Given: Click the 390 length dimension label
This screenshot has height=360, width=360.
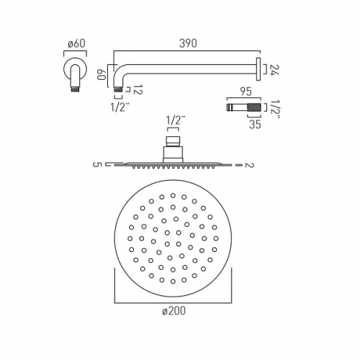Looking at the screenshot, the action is coord(188,43).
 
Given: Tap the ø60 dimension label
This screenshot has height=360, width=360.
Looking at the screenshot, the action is coord(76,44).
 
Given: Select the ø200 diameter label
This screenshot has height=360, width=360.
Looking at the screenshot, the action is coord(174,311).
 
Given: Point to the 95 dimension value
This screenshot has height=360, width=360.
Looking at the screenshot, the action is coord(246,92).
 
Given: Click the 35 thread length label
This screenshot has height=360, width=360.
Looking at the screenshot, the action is coord(255,125).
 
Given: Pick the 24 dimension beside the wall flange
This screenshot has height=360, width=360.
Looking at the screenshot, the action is coord(274,70).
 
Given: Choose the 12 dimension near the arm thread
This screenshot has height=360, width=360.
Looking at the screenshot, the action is coord(138,89).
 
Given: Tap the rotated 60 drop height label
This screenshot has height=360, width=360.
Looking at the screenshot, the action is coord(102,75).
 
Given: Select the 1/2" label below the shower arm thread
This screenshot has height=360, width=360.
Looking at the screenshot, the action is coord(120,107).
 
